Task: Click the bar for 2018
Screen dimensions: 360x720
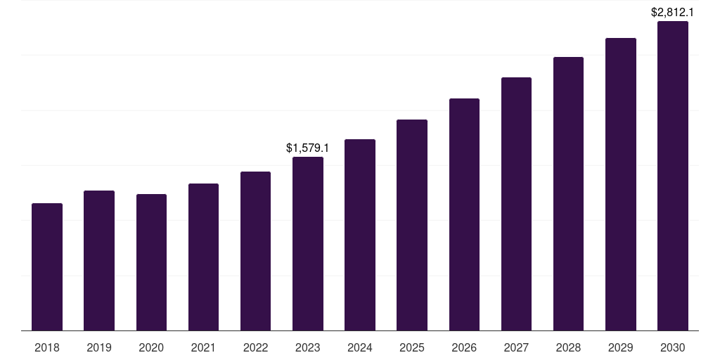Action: click(x=47, y=267)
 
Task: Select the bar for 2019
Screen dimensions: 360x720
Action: click(x=99, y=261)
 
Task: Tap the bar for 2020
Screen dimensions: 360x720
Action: click(x=151, y=262)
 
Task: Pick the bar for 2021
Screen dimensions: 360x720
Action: click(x=203, y=257)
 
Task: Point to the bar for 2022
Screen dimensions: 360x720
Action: click(x=255, y=251)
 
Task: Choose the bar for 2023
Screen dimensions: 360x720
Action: click(x=308, y=244)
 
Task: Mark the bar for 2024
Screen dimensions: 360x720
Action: click(x=360, y=235)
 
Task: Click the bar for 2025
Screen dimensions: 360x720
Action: click(x=412, y=225)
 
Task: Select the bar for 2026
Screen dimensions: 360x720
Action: click(x=464, y=214)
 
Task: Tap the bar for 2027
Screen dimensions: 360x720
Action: click(x=516, y=204)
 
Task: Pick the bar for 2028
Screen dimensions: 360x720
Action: click(x=568, y=194)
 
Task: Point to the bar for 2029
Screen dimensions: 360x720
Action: click(x=620, y=184)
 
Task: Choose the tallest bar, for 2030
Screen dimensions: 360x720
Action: click(x=673, y=176)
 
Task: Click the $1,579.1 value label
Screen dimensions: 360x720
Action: click(x=308, y=148)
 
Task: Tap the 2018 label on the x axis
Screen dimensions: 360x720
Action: click(x=47, y=347)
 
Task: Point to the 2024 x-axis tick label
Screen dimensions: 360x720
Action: click(x=360, y=347)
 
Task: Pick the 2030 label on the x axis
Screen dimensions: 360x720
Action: click(x=673, y=347)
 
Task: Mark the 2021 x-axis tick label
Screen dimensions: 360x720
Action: click(x=203, y=347)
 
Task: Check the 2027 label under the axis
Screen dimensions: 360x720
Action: click(x=516, y=347)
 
